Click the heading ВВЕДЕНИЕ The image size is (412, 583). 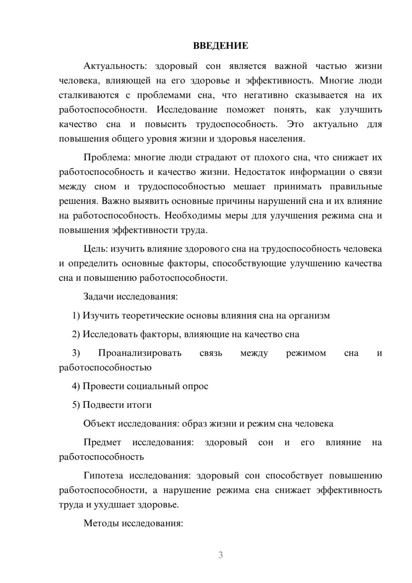220,46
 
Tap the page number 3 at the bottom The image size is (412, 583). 220,555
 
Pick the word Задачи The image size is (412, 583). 99,296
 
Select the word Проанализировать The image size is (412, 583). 140,353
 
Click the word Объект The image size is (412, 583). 99,423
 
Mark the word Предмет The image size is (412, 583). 102,442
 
